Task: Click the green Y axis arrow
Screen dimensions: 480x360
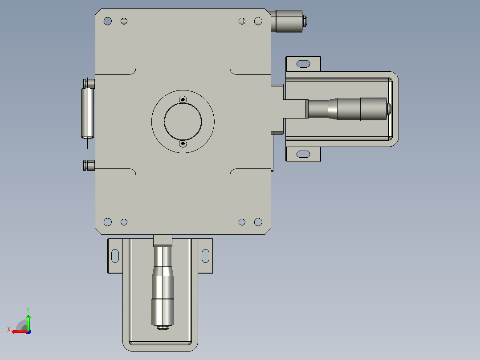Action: tap(28, 322)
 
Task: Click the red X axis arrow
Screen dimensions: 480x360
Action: tap(20, 331)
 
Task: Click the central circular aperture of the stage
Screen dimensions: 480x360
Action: tap(183, 122)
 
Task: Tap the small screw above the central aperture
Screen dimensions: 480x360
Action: tap(183, 99)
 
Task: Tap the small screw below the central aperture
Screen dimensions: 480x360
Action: tap(183, 143)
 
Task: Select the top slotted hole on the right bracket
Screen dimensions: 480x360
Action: tap(303, 64)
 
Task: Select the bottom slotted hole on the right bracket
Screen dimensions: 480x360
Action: tap(303, 154)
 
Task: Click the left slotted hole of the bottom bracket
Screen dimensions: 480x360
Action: tap(115, 256)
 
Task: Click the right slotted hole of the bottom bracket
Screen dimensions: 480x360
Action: tap(205, 256)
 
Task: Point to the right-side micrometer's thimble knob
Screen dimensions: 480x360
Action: tap(373, 109)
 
